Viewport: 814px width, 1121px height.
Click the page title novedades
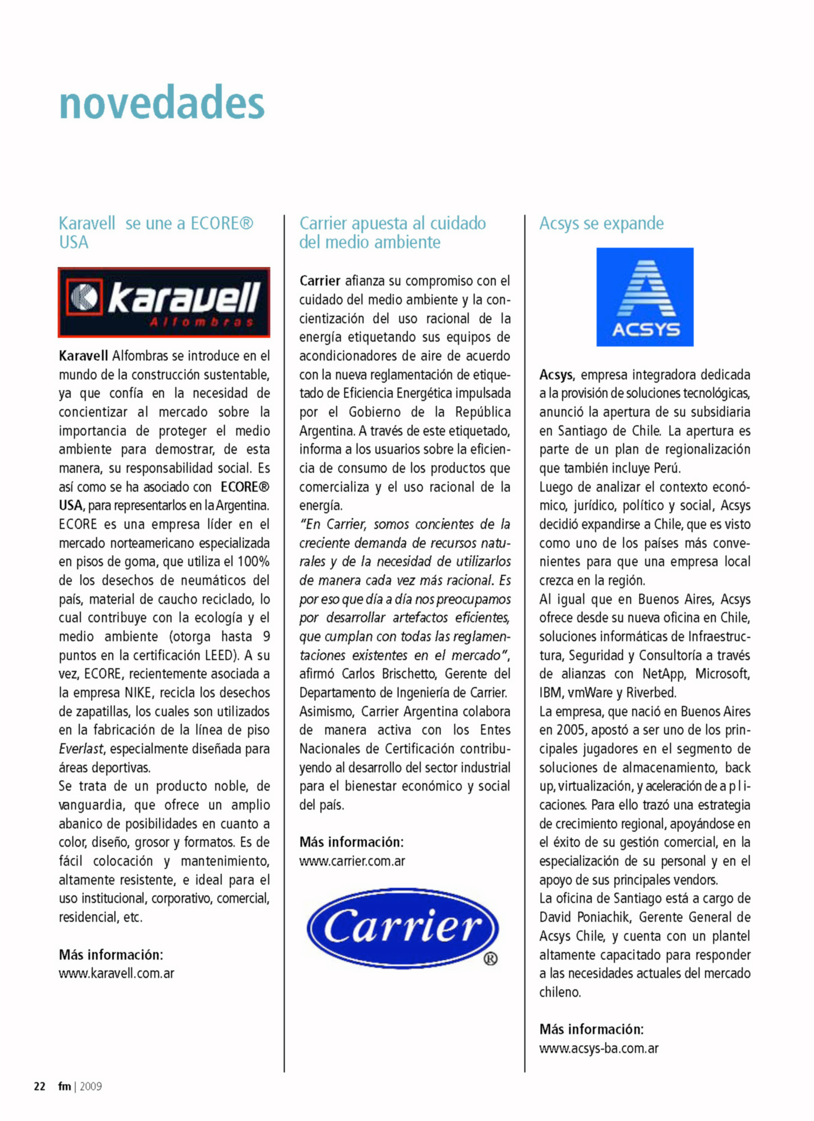pos(162,102)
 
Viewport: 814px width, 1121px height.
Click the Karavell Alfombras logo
pos(164,302)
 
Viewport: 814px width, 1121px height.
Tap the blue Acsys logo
pos(645,297)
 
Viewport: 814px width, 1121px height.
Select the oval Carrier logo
pos(402,928)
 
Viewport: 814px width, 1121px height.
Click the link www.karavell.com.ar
pos(117,973)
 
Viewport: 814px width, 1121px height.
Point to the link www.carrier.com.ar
pos(352,861)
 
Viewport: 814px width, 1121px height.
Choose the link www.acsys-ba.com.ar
pos(599,1048)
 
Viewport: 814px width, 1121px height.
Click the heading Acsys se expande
pos(601,223)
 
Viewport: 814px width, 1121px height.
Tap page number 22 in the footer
pos(39,1086)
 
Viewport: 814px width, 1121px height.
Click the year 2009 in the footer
pos(91,1086)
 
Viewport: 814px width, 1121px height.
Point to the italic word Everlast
pos(81,749)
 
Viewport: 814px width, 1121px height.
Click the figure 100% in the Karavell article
pos(253,561)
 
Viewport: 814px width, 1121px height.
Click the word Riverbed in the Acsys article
pos(651,692)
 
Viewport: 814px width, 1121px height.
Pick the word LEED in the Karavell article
pos(218,655)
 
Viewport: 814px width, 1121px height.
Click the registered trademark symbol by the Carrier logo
pos(490,959)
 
